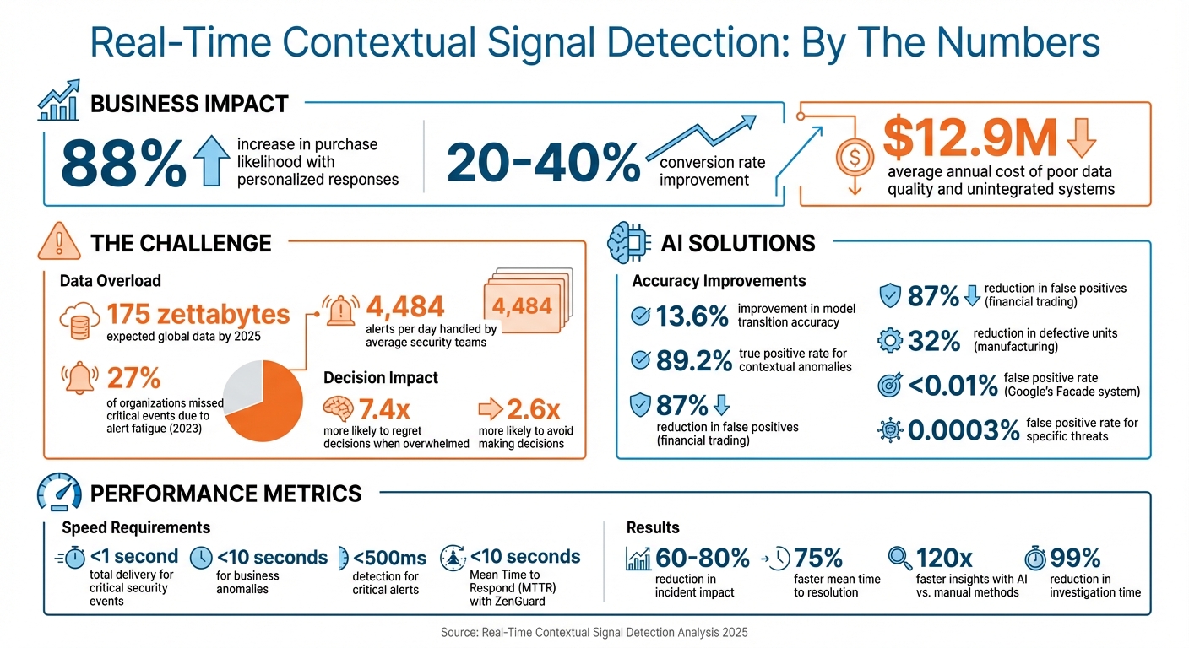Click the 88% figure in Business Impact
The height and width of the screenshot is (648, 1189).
(x=123, y=162)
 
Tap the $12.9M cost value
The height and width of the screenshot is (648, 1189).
(x=969, y=140)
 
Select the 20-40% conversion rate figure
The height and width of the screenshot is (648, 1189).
(x=543, y=162)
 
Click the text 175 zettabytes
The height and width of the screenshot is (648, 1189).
(x=198, y=315)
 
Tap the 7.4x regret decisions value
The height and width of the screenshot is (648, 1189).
(x=384, y=409)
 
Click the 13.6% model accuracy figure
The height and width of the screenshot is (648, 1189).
(x=692, y=316)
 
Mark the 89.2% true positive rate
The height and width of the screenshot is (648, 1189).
(x=693, y=360)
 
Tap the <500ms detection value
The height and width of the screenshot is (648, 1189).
(x=388, y=558)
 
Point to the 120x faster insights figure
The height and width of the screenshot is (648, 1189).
(x=944, y=558)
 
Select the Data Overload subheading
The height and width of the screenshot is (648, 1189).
(x=110, y=281)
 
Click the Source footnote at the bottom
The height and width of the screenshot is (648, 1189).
(x=594, y=631)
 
